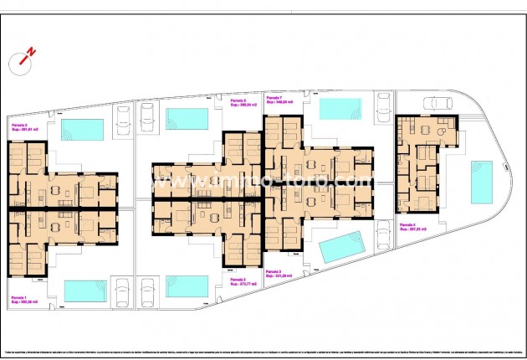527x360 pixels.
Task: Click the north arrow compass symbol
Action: click(x=26, y=59)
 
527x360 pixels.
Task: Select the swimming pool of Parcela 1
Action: click(x=85, y=290)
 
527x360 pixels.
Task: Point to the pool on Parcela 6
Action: click(x=187, y=119)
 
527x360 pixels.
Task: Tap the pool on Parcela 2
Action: click(x=186, y=285)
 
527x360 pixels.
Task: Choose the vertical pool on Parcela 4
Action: click(x=481, y=183)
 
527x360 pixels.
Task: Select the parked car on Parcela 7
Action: click(x=384, y=107)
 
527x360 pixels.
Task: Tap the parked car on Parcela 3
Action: click(x=384, y=234)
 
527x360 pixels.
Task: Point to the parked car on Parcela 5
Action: click(x=121, y=117)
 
